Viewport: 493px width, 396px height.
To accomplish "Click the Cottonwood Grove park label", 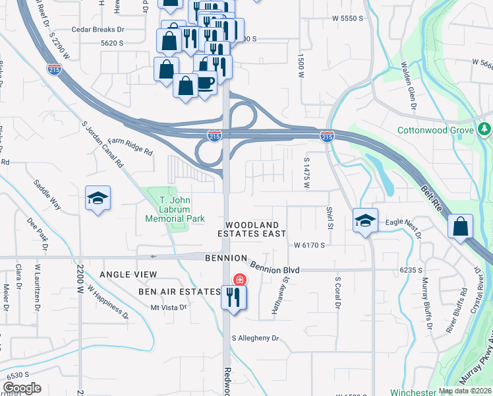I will [435, 130].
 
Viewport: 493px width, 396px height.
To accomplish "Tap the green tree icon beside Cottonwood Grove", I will [485, 127].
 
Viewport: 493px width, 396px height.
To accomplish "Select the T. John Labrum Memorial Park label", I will [175, 210].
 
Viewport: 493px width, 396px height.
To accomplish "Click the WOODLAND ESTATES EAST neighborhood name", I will [253, 229].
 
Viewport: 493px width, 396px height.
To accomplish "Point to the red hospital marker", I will [240, 280].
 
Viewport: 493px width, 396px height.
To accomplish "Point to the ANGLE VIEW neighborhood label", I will [129, 274].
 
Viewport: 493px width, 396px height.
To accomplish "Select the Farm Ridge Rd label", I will [130, 146].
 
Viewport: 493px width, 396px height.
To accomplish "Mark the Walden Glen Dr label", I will [408, 85].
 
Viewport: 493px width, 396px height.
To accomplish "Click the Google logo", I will [21, 388].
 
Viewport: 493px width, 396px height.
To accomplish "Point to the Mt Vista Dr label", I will [169, 307].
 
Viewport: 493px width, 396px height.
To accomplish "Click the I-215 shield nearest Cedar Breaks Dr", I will [54, 68].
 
